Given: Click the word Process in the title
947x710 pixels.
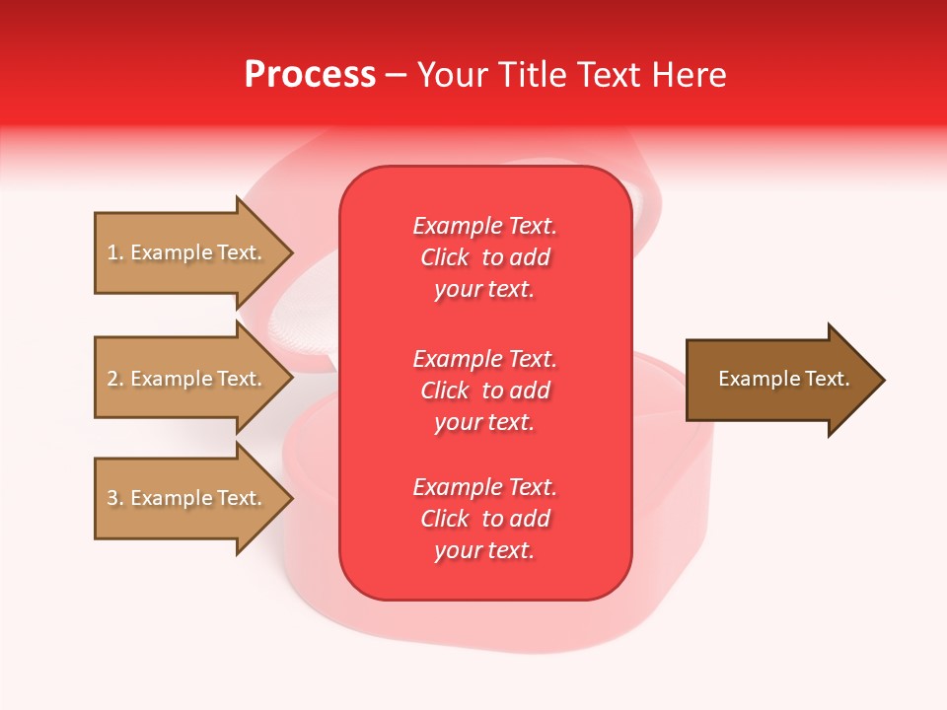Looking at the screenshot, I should pyautogui.click(x=310, y=75).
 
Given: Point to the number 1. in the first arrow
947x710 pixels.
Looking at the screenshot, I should pyautogui.click(x=115, y=252).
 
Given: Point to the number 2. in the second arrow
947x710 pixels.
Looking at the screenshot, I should pyautogui.click(x=115, y=379).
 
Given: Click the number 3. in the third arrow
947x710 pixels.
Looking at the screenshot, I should pyautogui.click(x=115, y=498).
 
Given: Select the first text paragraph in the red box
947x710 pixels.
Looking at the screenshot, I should pyautogui.click(x=484, y=257).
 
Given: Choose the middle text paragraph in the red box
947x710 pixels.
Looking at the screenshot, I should pyautogui.click(x=484, y=390).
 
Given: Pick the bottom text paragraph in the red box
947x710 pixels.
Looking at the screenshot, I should pyautogui.click(x=484, y=519).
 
